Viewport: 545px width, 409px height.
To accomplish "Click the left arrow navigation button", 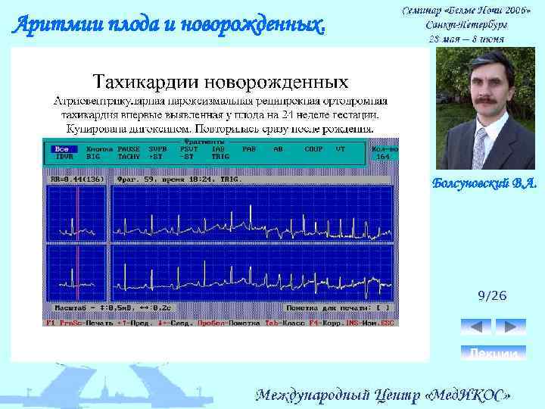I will (x=475, y=326).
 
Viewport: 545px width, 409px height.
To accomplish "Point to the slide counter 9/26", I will (x=492, y=296).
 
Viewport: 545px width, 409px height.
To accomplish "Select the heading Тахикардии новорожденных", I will (x=220, y=81).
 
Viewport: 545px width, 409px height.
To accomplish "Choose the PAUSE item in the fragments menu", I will (x=129, y=149).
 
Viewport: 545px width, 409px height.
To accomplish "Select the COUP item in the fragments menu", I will (x=313, y=149).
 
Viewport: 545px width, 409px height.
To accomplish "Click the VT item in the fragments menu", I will (x=340, y=149).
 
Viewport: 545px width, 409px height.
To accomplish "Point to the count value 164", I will (x=385, y=157).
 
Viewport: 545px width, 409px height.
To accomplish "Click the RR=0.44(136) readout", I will (x=77, y=180).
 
